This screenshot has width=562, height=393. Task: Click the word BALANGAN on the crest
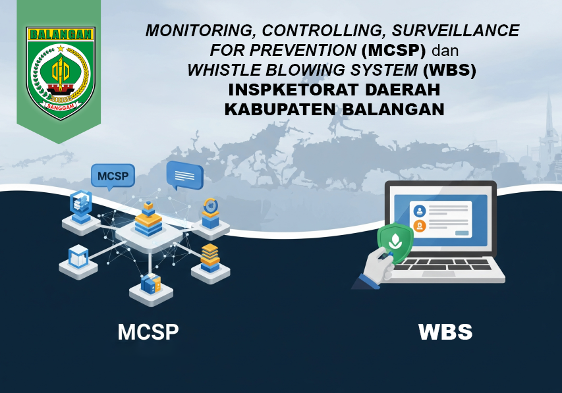[61, 34]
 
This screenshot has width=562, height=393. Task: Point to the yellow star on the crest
[61, 48]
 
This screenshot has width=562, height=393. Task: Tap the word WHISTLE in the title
[221, 69]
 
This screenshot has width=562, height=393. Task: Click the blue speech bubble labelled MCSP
[113, 176]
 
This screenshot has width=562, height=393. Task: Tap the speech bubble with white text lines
[184, 174]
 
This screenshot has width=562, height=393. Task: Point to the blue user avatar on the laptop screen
[419, 211]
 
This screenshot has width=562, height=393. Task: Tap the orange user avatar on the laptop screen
[419, 226]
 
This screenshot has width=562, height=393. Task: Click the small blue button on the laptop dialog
[462, 233]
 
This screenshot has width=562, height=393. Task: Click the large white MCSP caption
[148, 332]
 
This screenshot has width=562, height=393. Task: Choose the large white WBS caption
[445, 332]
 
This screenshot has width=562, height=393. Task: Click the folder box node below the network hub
[151, 284]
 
